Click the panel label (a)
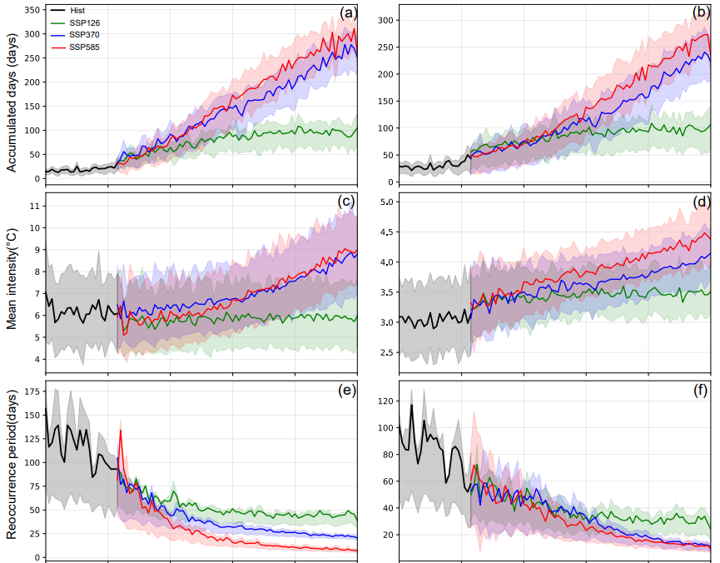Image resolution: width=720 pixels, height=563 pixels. (348, 12)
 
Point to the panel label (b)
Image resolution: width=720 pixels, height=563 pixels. (701, 12)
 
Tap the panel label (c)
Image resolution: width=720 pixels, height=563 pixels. (348, 202)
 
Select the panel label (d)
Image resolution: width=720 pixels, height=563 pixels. (701, 202)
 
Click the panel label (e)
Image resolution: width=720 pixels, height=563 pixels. (348, 390)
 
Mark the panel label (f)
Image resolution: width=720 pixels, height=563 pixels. (701, 390)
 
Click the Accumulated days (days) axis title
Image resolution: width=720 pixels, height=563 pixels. (12, 95)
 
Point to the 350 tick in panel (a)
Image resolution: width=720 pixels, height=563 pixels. (30, 11)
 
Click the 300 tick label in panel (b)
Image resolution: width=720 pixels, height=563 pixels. (385, 20)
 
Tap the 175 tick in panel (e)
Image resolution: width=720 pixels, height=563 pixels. (30, 390)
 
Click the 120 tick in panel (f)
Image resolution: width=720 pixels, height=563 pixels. (385, 401)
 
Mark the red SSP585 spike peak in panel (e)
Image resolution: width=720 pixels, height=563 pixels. (121, 430)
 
